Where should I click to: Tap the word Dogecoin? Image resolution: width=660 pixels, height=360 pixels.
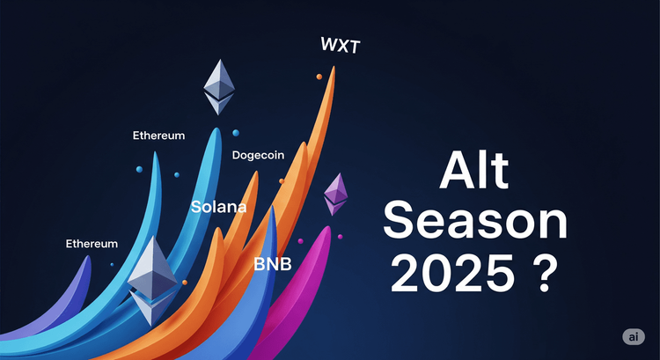click(x=258, y=155)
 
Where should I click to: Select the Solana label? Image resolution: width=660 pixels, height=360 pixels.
click(x=218, y=209)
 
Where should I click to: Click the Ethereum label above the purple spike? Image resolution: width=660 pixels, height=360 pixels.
click(x=92, y=243)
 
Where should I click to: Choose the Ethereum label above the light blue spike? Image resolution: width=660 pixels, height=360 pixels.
click(x=158, y=136)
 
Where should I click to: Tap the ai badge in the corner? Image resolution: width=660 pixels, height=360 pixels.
click(x=631, y=337)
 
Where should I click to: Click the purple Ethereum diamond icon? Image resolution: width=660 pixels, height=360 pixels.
click(x=335, y=195)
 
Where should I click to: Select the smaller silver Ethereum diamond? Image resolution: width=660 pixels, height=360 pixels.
click(x=220, y=86)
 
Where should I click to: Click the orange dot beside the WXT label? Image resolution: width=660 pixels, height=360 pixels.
click(x=319, y=77)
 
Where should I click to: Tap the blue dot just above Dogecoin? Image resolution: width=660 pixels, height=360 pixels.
click(x=236, y=133)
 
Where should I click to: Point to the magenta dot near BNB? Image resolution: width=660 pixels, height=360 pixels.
click(x=300, y=240)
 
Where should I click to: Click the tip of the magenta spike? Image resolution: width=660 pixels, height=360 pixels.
click(x=328, y=227)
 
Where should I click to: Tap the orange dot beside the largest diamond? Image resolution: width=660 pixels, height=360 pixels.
click(x=185, y=282)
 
